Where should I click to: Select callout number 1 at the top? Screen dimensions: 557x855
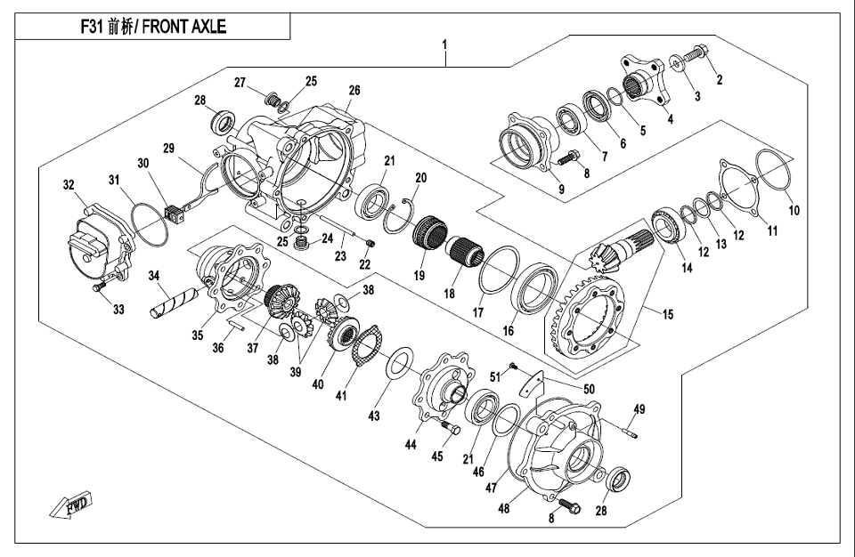point(444,44)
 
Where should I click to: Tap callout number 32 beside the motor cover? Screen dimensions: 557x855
point(69,186)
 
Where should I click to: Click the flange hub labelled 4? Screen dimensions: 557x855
point(643,82)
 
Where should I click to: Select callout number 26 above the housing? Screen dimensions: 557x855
point(354,90)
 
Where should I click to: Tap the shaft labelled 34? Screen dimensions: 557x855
point(168,302)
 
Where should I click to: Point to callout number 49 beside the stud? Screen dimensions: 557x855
point(639,409)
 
